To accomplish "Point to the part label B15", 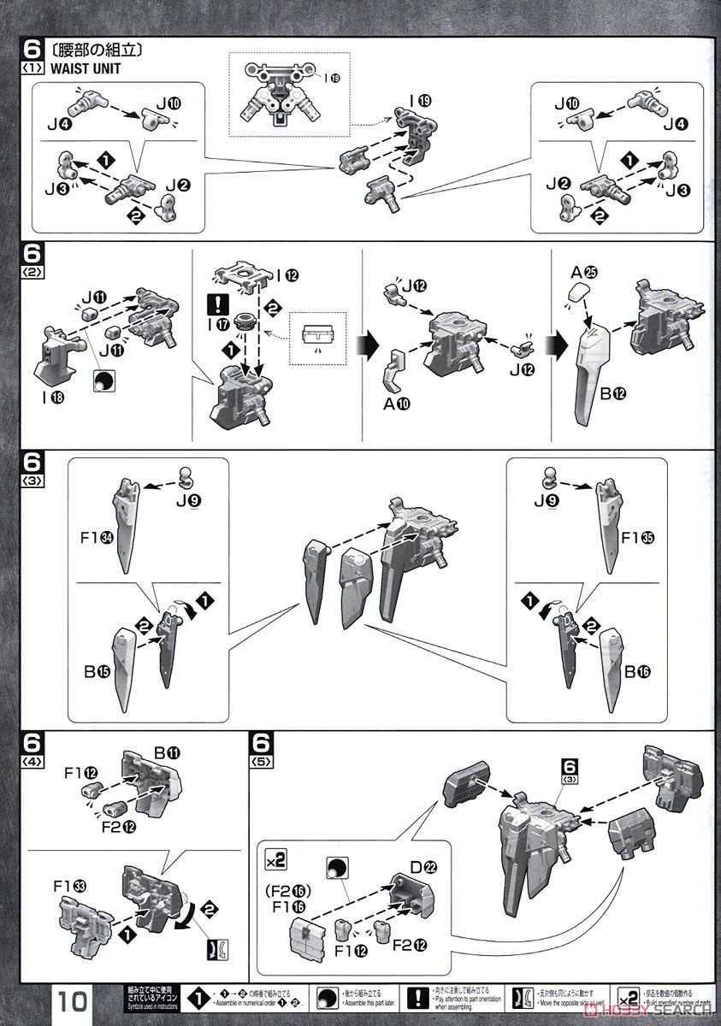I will pos(92,671).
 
